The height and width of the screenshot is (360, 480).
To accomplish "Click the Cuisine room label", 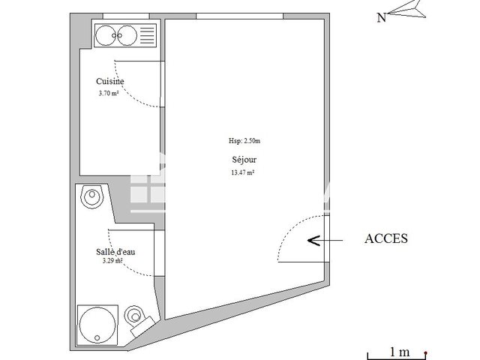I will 109,82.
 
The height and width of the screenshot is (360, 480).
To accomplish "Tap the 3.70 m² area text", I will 109,94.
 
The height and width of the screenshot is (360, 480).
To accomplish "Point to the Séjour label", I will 242,160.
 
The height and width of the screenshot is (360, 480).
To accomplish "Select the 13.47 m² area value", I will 242,172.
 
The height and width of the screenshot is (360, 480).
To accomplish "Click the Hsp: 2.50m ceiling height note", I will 244,141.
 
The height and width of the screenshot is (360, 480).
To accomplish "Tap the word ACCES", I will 385,239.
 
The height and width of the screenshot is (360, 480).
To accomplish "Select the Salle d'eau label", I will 115,252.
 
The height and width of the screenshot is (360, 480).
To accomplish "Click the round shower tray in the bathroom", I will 96,322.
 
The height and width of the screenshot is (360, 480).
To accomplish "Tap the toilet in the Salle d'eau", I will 136,315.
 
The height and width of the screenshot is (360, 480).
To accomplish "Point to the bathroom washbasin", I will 91,197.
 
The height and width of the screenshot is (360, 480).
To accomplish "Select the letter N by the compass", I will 381,18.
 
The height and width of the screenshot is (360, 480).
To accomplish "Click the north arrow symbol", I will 406,9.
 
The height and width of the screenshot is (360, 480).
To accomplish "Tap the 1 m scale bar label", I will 399,351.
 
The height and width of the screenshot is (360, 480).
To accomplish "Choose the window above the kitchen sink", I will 123,16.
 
